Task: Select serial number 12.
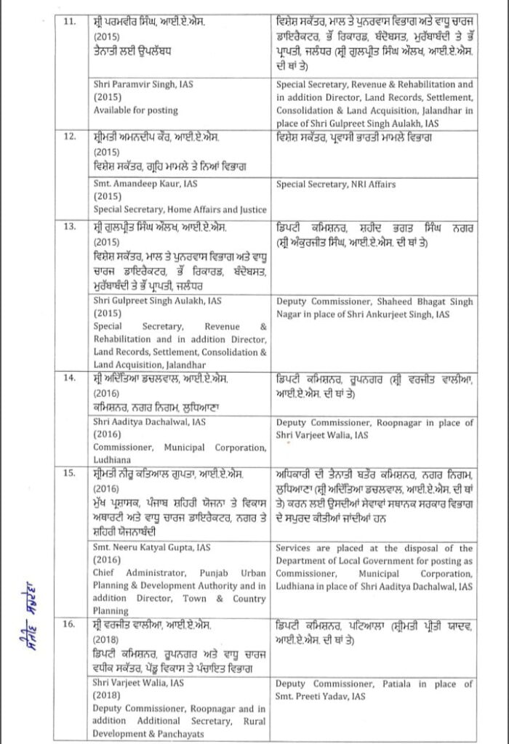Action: pos(70,137)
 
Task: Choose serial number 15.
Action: pos(70,474)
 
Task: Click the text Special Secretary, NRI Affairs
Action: pos(336,185)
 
